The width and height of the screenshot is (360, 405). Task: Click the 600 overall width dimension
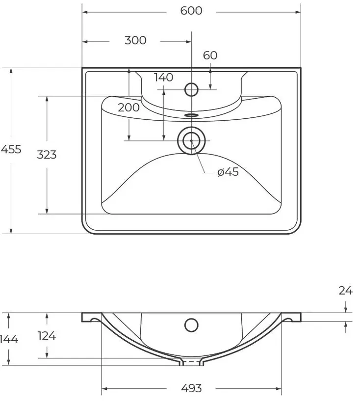(x=191, y=11)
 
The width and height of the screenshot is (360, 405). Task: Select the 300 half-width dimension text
(x=135, y=40)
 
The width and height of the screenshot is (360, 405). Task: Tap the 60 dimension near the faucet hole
(x=210, y=55)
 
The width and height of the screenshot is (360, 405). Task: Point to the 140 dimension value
(x=164, y=77)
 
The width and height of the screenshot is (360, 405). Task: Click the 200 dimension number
(x=129, y=108)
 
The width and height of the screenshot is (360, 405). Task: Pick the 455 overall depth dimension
(x=11, y=149)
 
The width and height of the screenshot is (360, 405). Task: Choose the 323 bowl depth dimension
(x=47, y=155)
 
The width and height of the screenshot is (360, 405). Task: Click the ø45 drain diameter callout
(x=228, y=172)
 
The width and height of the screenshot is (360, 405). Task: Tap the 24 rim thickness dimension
(x=345, y=291)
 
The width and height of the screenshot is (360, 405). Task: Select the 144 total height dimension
(x=9, y=339)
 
